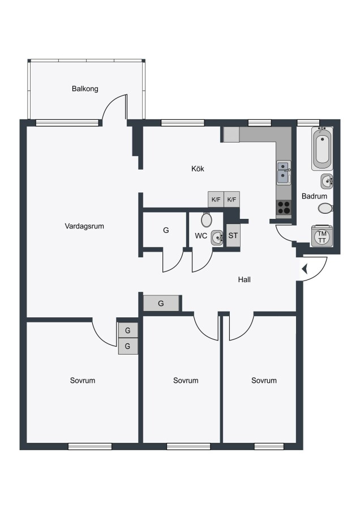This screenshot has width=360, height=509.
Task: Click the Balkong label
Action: [x=85, y=89]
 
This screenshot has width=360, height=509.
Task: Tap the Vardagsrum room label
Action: [x=84, y=226]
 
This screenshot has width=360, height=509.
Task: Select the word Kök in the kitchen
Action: [x=198, y=169]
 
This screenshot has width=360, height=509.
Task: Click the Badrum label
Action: [x=314, y=196]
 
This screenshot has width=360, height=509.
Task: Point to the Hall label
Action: [x=245, y=279]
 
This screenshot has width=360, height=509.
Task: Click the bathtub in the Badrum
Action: [x=322, y=148]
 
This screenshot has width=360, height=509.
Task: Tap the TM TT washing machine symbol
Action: [x=322, y=236]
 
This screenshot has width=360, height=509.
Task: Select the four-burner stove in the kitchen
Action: [x=284, y=207]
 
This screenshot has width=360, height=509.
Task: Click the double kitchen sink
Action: [x=284, y=172]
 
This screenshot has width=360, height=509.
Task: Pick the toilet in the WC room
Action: [x=206, y=220]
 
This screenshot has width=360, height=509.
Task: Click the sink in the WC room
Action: [x=217, y=238]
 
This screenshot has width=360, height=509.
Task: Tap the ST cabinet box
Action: [x=233, y=235]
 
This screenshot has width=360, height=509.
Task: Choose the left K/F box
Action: [x=216, y=199]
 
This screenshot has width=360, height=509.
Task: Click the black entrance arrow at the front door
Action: [x=305, y=269]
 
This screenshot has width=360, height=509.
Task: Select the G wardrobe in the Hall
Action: [x=161, y=304]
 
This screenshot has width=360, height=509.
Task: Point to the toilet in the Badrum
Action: [x=325, y=208]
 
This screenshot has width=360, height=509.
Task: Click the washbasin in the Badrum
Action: [x=327, y=181]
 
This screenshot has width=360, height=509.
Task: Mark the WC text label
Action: [x=201, y=236]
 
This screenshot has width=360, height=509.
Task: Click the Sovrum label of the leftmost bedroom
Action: [x=83, y=381]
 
